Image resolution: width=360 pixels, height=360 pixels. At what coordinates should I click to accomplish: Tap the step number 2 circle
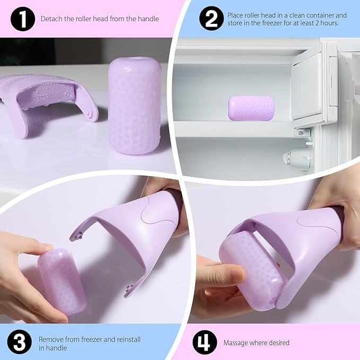point(211,19)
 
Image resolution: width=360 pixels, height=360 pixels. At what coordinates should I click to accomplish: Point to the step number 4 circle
point(204,343)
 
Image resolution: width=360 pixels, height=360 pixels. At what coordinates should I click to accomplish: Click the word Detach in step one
point(51,19)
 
